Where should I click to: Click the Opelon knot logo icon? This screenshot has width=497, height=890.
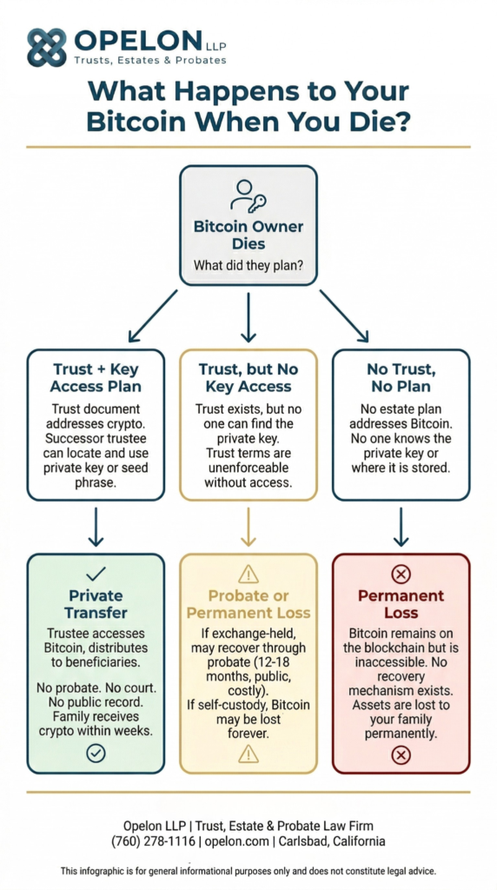pos(46,47)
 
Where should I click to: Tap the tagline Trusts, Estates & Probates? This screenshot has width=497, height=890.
pos(149,60)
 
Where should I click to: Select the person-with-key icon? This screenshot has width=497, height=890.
pos(248,196)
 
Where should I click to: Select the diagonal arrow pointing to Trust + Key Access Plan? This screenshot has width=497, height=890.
pos(153,315)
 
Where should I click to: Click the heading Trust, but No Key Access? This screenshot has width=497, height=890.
pos(248,379)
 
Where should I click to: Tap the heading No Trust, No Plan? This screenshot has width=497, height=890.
pos(401,379)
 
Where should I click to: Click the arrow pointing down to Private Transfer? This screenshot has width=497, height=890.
pos(96,527)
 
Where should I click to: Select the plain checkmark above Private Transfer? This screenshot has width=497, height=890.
pos(96,573)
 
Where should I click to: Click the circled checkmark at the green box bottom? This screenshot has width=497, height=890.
pos(96,753)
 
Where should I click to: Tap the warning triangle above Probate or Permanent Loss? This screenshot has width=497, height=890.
pos(248,574)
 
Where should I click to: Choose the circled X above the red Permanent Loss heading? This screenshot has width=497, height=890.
pos(401,574)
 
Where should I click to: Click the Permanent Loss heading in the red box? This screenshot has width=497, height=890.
pos(401,605)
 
